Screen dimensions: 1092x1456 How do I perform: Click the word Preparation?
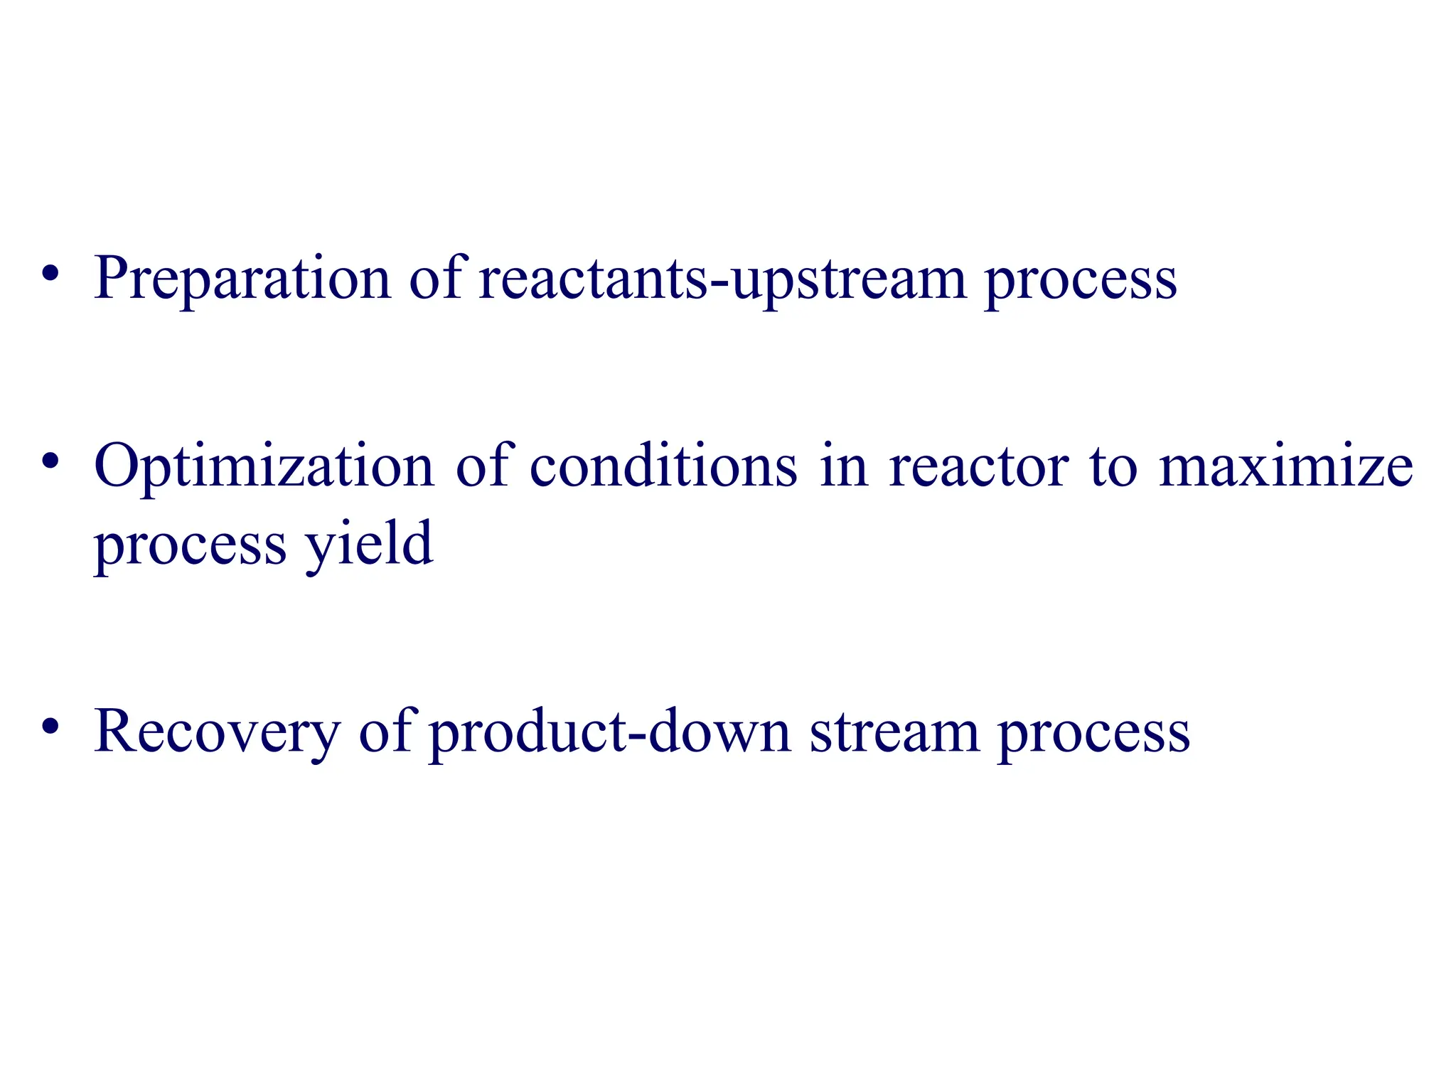[x=242, y=279]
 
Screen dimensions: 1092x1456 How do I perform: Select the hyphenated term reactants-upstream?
[x=722, y=279]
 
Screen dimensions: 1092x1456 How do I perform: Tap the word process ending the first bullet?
[x=1081, y=279]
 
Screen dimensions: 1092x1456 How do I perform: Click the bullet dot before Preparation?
[x=49, y=274]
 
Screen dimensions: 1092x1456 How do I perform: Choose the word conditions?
[x=663, y=467]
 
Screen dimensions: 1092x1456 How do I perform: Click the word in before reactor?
[x=844, y=467]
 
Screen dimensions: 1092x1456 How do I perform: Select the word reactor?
[x=979, y=467]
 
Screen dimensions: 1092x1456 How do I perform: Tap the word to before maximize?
[x=1113, y=467]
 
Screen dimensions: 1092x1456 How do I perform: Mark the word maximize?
[x=1286, y=467]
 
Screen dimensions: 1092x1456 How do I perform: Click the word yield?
[x=368, y=545]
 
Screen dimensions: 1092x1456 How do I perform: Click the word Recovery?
[x=217, y=732]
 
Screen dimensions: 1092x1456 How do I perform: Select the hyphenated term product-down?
[x=611, y=732]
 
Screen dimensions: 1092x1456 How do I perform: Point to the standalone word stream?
[x=894, y=732]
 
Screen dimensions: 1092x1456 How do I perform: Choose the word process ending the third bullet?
[x=1094, y=732]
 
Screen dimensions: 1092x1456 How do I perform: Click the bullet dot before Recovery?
[x=49, y=727]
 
